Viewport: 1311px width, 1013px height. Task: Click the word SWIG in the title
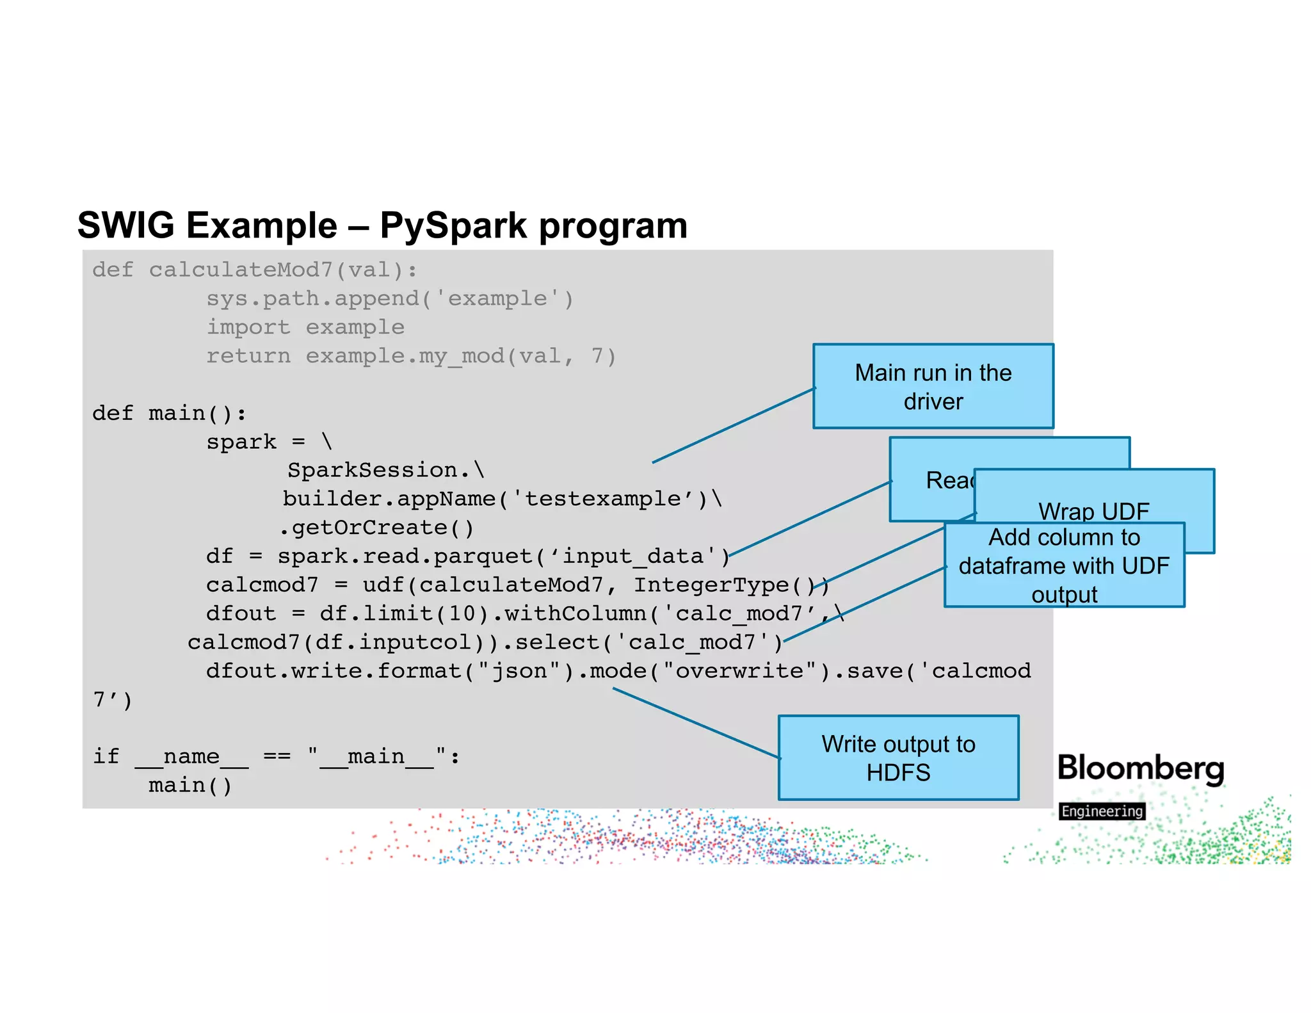tap(125, 225)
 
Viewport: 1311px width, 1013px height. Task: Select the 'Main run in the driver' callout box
tap(933, 386)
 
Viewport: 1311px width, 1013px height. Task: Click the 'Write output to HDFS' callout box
tap(897, 758)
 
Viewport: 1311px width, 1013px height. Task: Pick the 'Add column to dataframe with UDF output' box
tap(1063, 565)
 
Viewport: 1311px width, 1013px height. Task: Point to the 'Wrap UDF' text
tap(1093, 511)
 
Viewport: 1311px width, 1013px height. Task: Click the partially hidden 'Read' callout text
tap(948, 480)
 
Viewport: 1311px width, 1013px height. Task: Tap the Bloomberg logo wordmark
tap(1140, 768)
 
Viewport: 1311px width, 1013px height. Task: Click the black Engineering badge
tap(1102, 811)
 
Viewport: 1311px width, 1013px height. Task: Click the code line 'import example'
tap(305, 327)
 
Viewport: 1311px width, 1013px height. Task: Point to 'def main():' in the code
tap(169, 413)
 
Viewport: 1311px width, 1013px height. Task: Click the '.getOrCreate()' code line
tap(376, 528)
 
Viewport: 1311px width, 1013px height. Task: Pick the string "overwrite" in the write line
tap(739, 670)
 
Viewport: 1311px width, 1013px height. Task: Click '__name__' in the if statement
tap(191, 756)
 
